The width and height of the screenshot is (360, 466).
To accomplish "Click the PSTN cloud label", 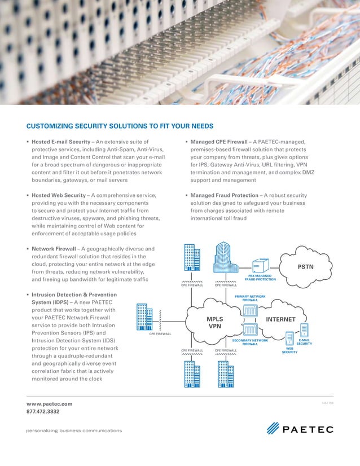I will pyautogui.click(x=306, y=266).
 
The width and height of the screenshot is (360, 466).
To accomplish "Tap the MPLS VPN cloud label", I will pyautogui.click(x=215, y=323).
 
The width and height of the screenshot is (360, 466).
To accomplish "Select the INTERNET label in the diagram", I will pyautogui.click(x=280, y=319).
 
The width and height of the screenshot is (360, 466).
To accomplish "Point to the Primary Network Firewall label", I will pyautogui.click(x=250, y=298).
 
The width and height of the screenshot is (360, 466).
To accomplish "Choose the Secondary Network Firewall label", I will pyautogui.click(x=250, y=342).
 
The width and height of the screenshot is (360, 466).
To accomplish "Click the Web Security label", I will pyautogui.click(x=289, y=350).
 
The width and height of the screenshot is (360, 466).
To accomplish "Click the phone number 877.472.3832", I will pyautogui.click(x=43, y=412).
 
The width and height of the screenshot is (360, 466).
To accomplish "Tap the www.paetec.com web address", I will pyautogui.click(x=50, y=404).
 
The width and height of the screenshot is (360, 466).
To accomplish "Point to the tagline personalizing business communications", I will pyautogui.click(x=74, y=430).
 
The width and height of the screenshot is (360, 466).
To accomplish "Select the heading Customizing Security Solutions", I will pyautogui.click(x=120, y=126).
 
